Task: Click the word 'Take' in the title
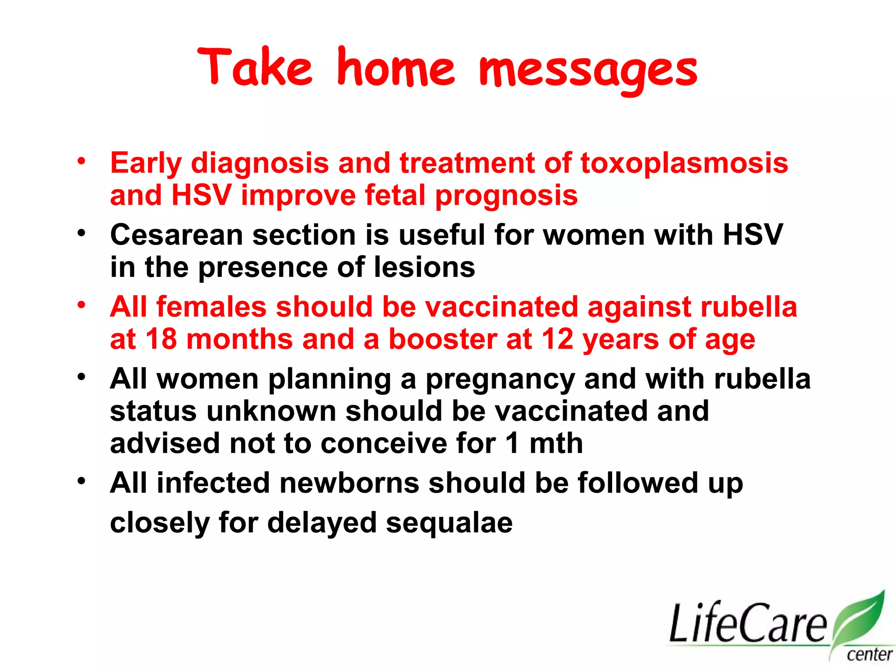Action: [x=255, y=68]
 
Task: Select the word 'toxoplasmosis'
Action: [x=684, y=164]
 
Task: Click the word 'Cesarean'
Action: [x=176, y=235]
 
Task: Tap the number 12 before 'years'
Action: [x=557, y=339]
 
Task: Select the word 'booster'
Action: [x=443, y=339]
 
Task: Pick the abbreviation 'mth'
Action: [x=556, y=443]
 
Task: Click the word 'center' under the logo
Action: [x=869, y=655]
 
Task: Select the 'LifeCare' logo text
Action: [x=748, y=623]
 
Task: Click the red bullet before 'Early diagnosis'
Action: [x=81, y=161]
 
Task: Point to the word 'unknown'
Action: [x=271, y=411]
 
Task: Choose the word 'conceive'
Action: [x=384, y=443]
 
